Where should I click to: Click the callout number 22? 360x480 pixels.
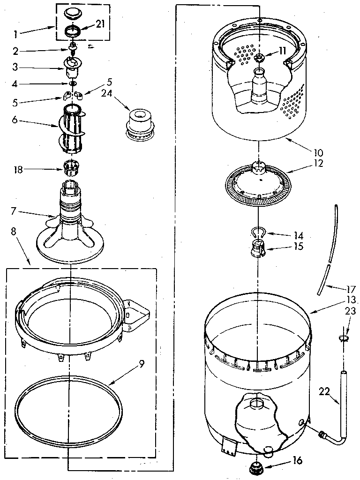point(324,391)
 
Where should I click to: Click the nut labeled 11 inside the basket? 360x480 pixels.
point(259,58)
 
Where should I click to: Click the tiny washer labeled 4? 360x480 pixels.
point(72,83)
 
